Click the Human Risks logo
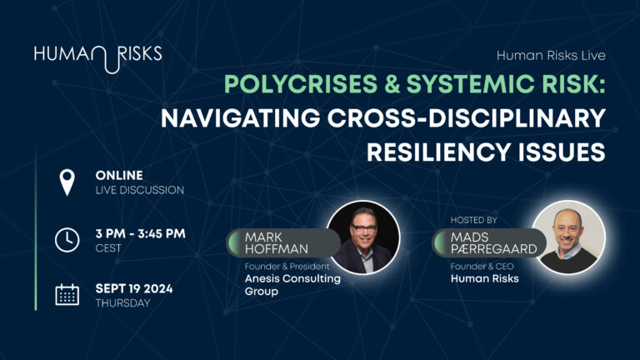[x=97, y=57]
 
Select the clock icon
[x=66, y=240]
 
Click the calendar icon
[x=67, y=295]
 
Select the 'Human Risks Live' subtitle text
[x=551, y=56]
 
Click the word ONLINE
[x=119, y=175]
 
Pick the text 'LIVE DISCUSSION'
[x=139, y=190]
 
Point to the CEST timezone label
[x=108, y=247]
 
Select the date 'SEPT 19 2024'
[x=136, y=287]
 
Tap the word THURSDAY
[x=122, y=302]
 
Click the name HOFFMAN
[x=274, y=249]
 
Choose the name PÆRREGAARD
[x=484, y=249]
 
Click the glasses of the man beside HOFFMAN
[x=363, y=231]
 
